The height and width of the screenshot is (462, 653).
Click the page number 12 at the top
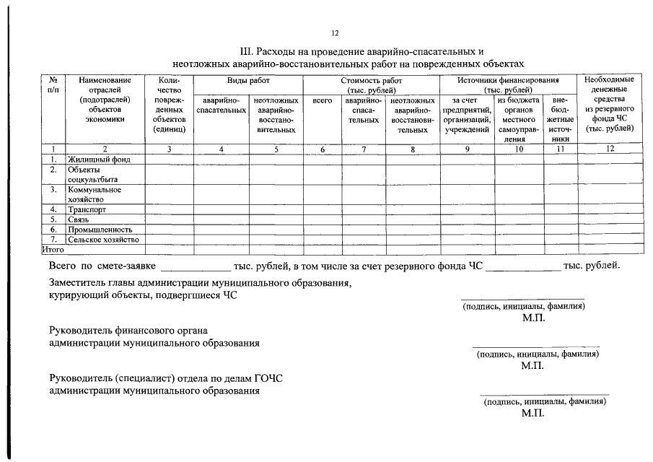(x=334, y=33)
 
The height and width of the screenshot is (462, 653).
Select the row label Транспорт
(x=87, y=209)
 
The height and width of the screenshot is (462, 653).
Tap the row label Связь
(x=79, y=219)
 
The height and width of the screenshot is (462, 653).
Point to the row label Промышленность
(x=100, y=230)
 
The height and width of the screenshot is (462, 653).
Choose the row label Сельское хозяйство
(x=103, y=240)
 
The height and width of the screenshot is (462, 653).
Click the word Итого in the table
(x=53, y=249)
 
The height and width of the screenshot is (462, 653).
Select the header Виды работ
(x=247, y=82)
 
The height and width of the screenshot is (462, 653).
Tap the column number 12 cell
(x=610, y=149)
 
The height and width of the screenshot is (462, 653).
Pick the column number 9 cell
(x=467, y=149)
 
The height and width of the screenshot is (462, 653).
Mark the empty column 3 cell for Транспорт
(x=169, y=209)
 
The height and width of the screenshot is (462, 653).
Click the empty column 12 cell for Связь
(x=610, y=219)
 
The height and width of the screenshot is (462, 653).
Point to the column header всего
(x=323, y=101)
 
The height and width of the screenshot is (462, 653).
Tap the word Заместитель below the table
(x=79, y=284)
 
